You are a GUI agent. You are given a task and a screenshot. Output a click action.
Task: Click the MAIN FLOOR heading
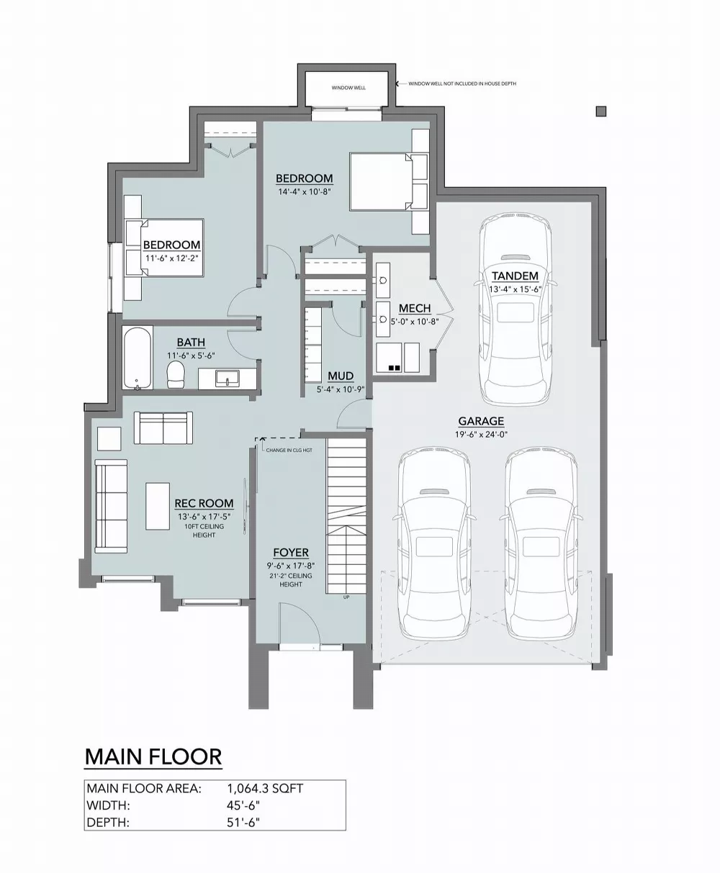click(153, 756)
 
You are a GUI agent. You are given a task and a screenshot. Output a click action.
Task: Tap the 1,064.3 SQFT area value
click(265, 788)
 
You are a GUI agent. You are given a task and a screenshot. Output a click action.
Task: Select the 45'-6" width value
click(243, 805)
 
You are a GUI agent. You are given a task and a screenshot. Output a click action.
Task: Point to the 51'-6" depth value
click(243, 822)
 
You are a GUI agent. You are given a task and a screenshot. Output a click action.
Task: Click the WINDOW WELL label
click(348, 88)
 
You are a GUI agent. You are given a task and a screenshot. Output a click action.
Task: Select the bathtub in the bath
click(138, 358)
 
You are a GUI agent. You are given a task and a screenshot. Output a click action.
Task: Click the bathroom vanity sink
click(228, 379)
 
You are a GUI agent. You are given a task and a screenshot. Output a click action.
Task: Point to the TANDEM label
click(515, 276)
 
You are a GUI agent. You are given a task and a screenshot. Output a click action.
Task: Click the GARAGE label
click(481, 421)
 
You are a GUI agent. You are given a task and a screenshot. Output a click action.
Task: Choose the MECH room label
click(415, 308)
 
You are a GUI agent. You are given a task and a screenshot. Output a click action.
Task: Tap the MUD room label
click(341, 376)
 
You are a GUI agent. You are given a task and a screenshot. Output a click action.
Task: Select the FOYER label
click(291, 552)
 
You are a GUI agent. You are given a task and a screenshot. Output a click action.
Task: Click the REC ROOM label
click(204, 503)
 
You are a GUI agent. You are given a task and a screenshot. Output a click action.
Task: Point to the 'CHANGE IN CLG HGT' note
click(289, 451)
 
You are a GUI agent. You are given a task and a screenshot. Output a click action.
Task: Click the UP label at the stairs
click(346, 597)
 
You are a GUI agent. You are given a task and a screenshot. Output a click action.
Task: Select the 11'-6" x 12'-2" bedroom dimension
click(171, 258)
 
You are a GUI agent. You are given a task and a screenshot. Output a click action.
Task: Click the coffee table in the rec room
click(158, 507)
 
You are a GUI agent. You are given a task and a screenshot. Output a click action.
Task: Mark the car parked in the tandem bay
click(515, 309)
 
